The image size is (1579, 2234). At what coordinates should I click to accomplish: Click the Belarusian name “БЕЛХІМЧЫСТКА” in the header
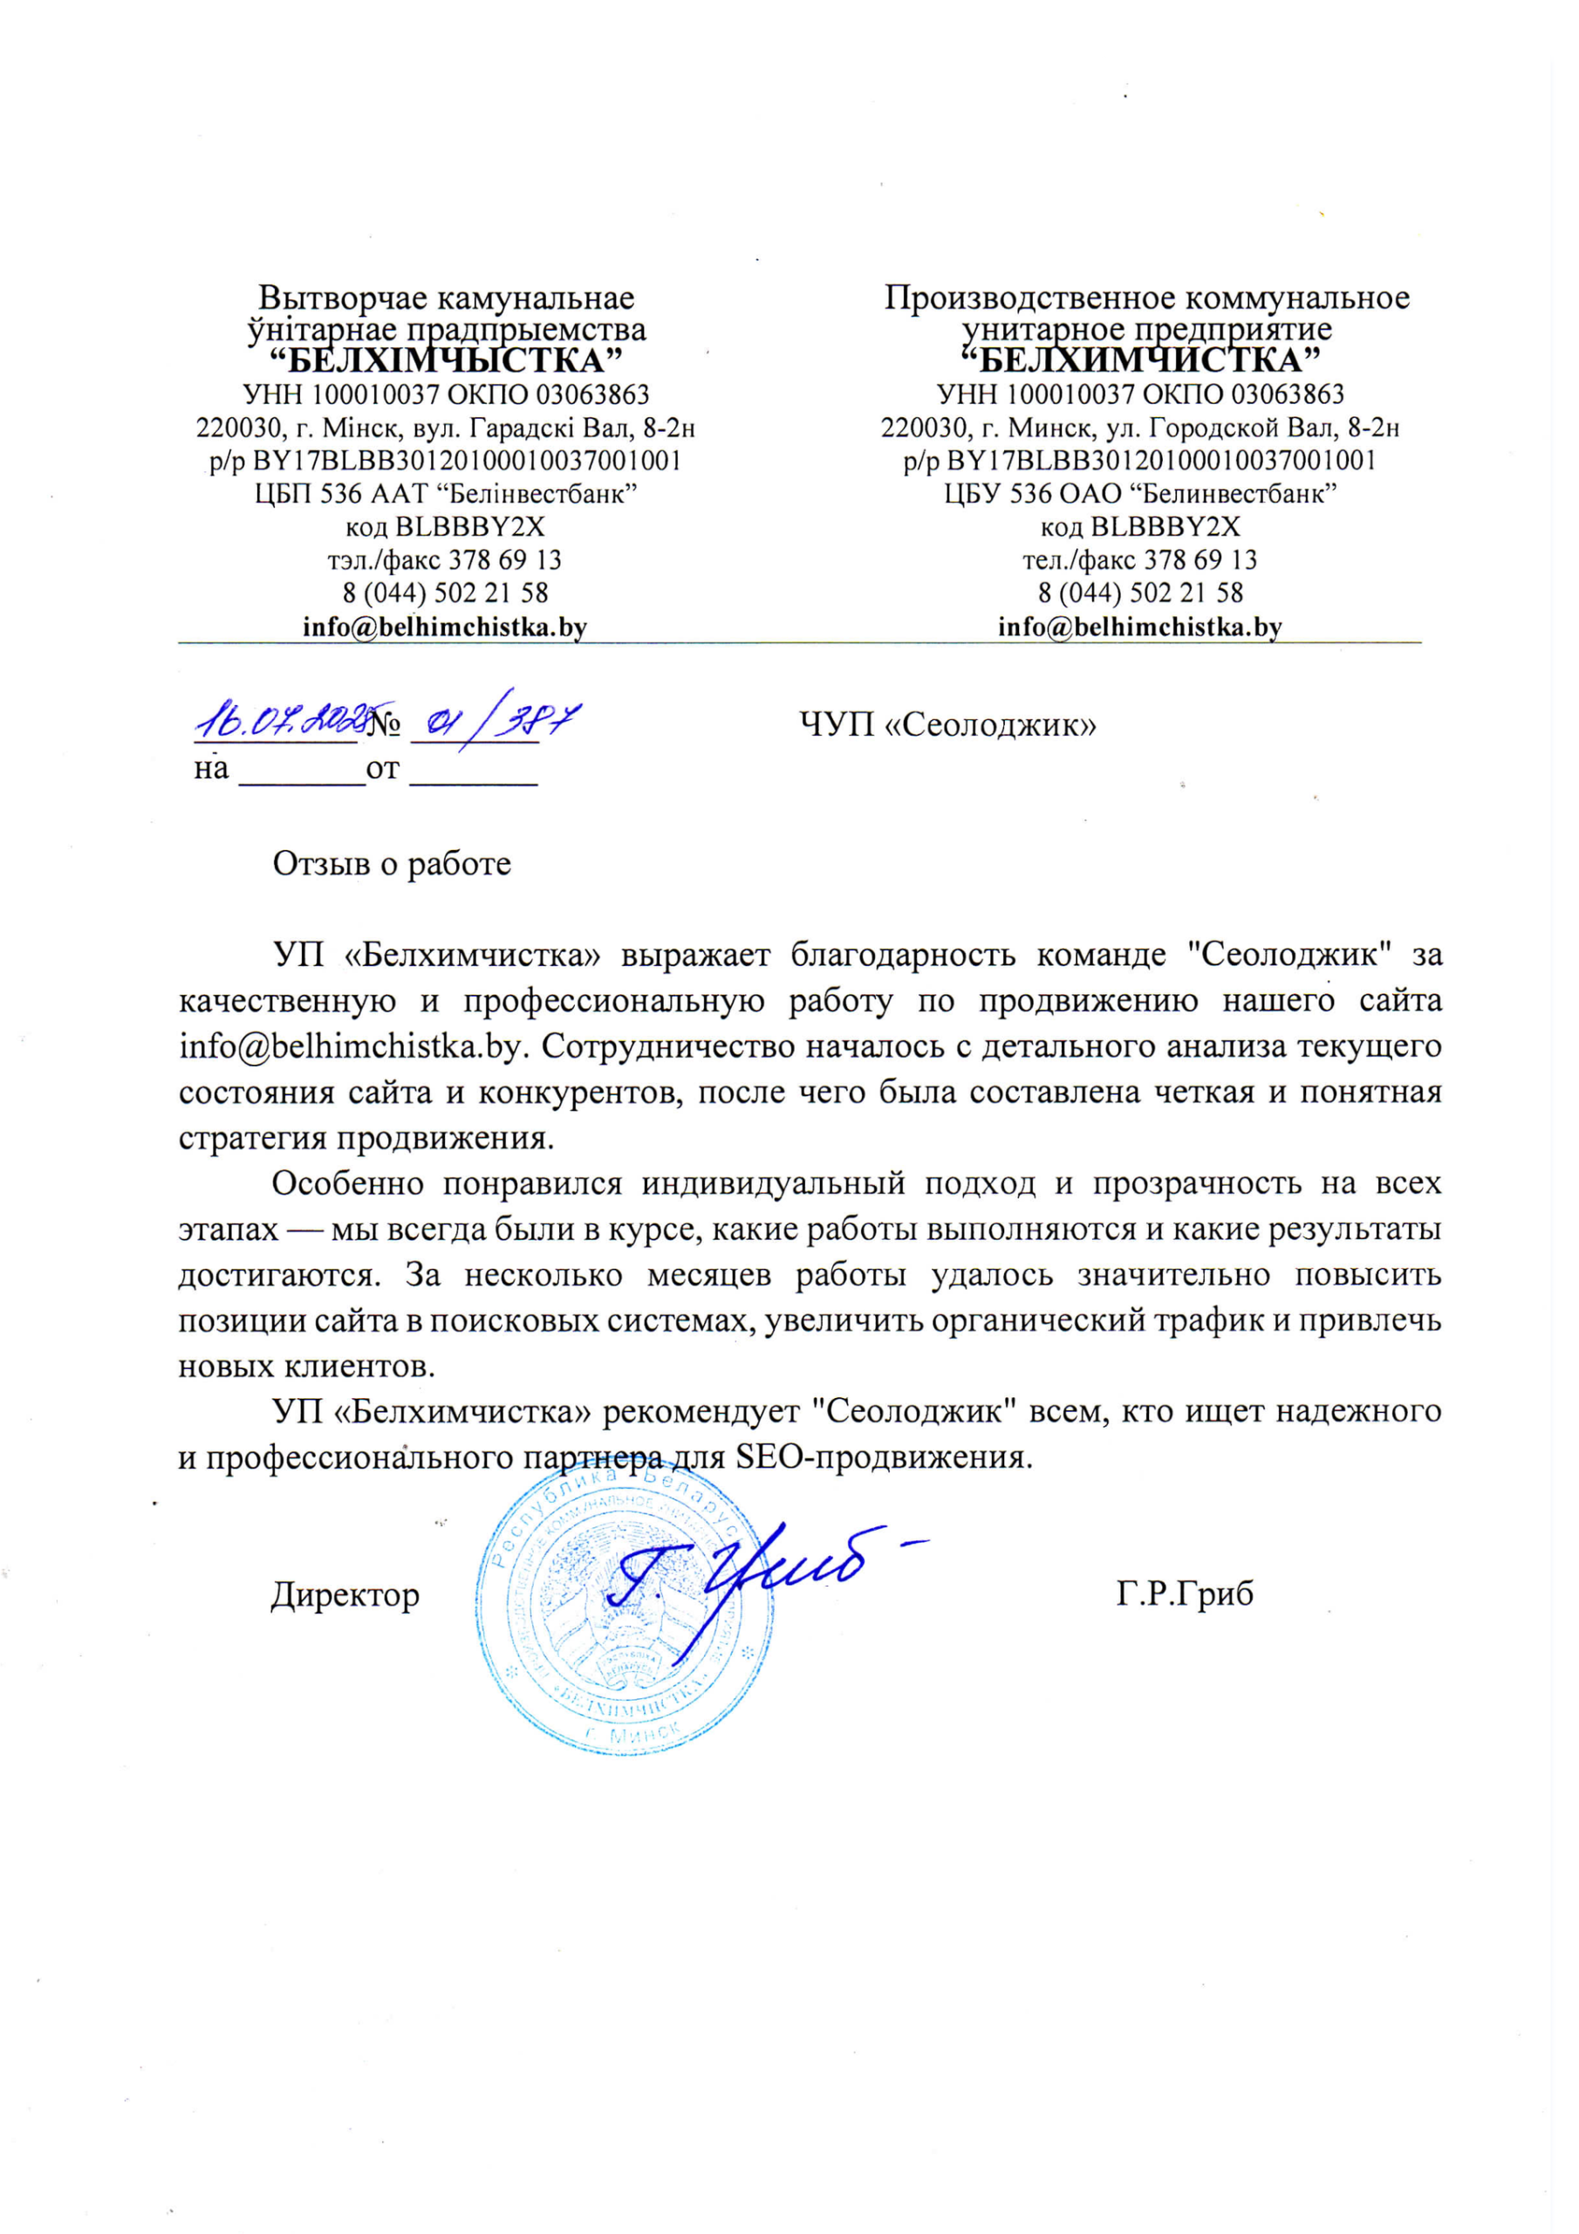click(445, 361)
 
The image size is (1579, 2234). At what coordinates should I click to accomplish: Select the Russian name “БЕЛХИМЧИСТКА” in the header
click(1139, 361)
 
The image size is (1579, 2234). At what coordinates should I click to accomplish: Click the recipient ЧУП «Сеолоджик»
click(947, 725)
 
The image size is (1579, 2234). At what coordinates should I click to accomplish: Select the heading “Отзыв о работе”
click(391, 864)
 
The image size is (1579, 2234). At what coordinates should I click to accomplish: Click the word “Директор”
click(345, 1593)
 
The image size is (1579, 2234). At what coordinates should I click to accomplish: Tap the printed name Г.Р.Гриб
click(1184, 1593)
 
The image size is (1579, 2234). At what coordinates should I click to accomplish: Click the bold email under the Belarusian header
click(445, 627)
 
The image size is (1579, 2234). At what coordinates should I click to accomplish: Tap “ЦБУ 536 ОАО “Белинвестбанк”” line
click(1139, 493)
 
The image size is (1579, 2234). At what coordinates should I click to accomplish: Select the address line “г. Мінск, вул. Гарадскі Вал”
click(446, 427)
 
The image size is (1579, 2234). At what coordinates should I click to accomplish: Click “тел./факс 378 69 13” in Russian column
click(1139, 559)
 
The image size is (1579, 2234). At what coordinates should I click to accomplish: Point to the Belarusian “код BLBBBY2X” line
click(445, 526)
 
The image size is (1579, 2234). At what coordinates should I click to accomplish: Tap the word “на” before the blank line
click(211, 769)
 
